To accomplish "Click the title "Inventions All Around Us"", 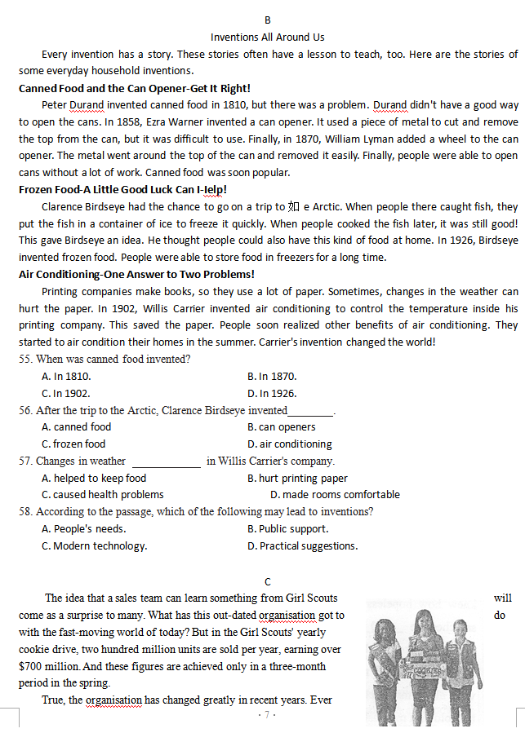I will point(267,38).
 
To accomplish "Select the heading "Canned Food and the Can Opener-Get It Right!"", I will point(134,88).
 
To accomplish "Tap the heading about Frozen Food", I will point(122,190).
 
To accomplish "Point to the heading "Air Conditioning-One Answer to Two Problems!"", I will point(136,275).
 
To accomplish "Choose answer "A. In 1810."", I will point(66,377).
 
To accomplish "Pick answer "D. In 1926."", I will point(272,393).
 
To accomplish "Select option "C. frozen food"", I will point(73,444).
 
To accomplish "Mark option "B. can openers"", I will point(281,427).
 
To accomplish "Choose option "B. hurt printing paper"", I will point(297,479).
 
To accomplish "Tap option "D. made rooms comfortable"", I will point(335,495).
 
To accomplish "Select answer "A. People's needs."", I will point(83,529).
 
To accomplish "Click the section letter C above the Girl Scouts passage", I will point(268,581).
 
